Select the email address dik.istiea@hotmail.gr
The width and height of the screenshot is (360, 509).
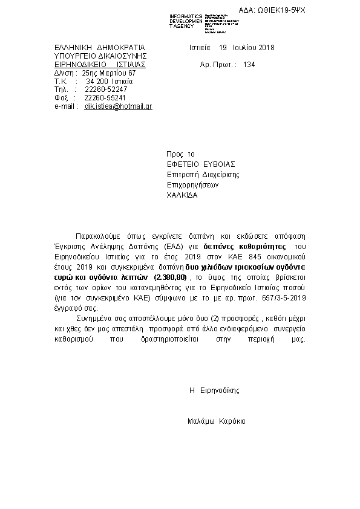[118, 106]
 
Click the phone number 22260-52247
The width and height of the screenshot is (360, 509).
[105, 89]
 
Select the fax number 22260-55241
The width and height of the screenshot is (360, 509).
[105, 97]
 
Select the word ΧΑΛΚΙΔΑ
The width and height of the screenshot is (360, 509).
[182, 195]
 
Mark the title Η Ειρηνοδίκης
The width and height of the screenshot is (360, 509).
[214, 391]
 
